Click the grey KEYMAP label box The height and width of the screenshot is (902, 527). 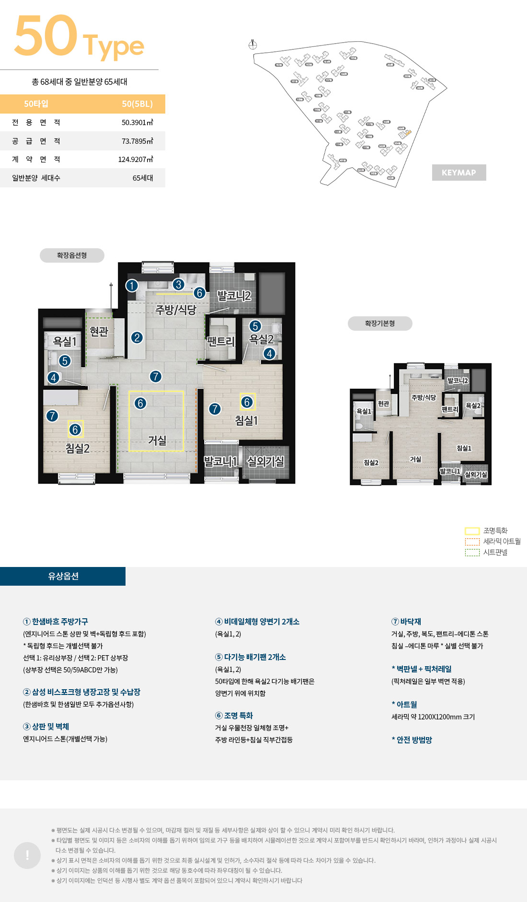[458, 173]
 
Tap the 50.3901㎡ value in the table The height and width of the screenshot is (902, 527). [137, 122]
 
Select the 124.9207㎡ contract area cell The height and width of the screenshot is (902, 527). [136, 159]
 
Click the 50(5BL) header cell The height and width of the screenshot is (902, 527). [137, 104]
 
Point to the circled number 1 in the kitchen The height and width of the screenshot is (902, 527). [132, 286]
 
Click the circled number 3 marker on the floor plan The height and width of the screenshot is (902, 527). [178, 284]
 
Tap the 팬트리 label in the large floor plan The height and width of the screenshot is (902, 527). [220, 341]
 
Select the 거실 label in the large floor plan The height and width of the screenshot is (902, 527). [157, 440]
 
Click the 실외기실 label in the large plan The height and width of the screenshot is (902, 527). [265, 461]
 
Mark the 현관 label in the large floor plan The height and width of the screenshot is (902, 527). [99, 331]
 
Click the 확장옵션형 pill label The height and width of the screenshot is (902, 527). [72, 255]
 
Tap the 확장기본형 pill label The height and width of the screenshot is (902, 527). [380, 324]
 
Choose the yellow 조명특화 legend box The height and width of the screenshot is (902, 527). [472, 531]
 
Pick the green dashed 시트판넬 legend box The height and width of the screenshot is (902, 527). [472, 552]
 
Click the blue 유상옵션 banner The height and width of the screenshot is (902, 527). [63, 576]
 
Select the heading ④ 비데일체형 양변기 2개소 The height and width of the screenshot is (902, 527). [257, 622]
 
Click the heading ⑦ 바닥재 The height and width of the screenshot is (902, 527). [406, 622]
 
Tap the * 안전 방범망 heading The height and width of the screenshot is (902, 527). [412, 740]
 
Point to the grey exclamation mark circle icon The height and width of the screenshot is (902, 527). [27, 855]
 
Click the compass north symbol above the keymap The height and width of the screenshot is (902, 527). [253, 45]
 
